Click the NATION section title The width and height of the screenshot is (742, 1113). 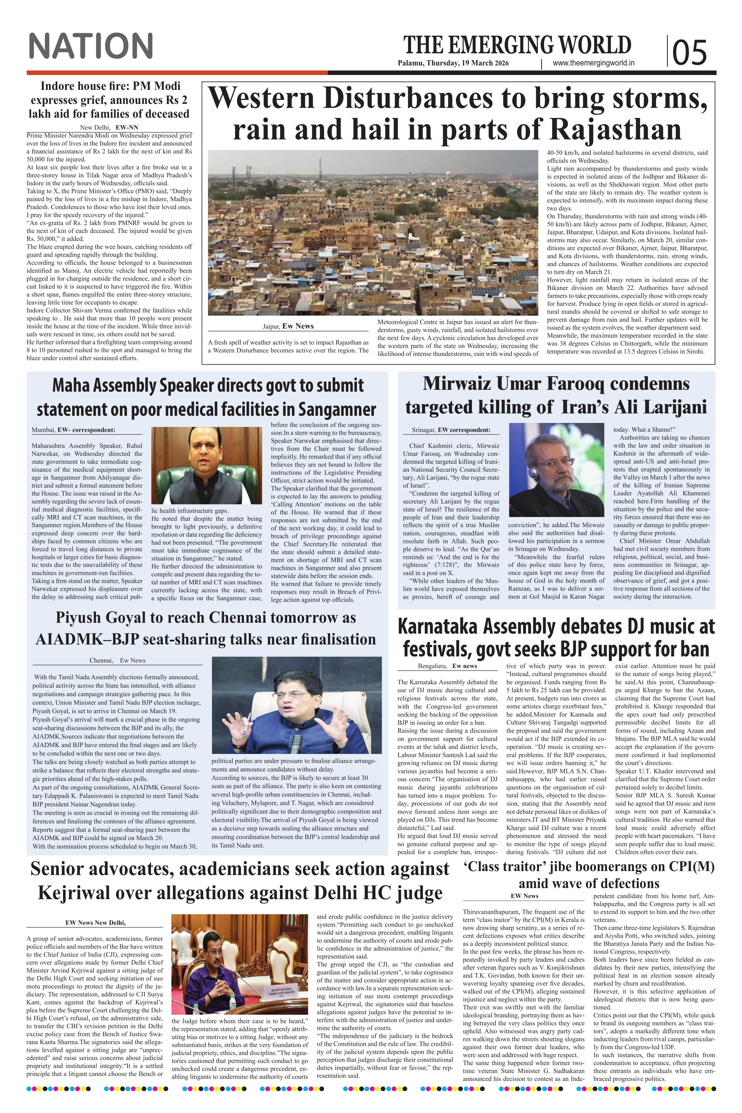(x=91, y=46)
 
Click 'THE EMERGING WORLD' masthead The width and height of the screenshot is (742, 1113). (x=517, y=45)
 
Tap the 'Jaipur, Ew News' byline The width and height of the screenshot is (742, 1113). (x=288, y=326)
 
